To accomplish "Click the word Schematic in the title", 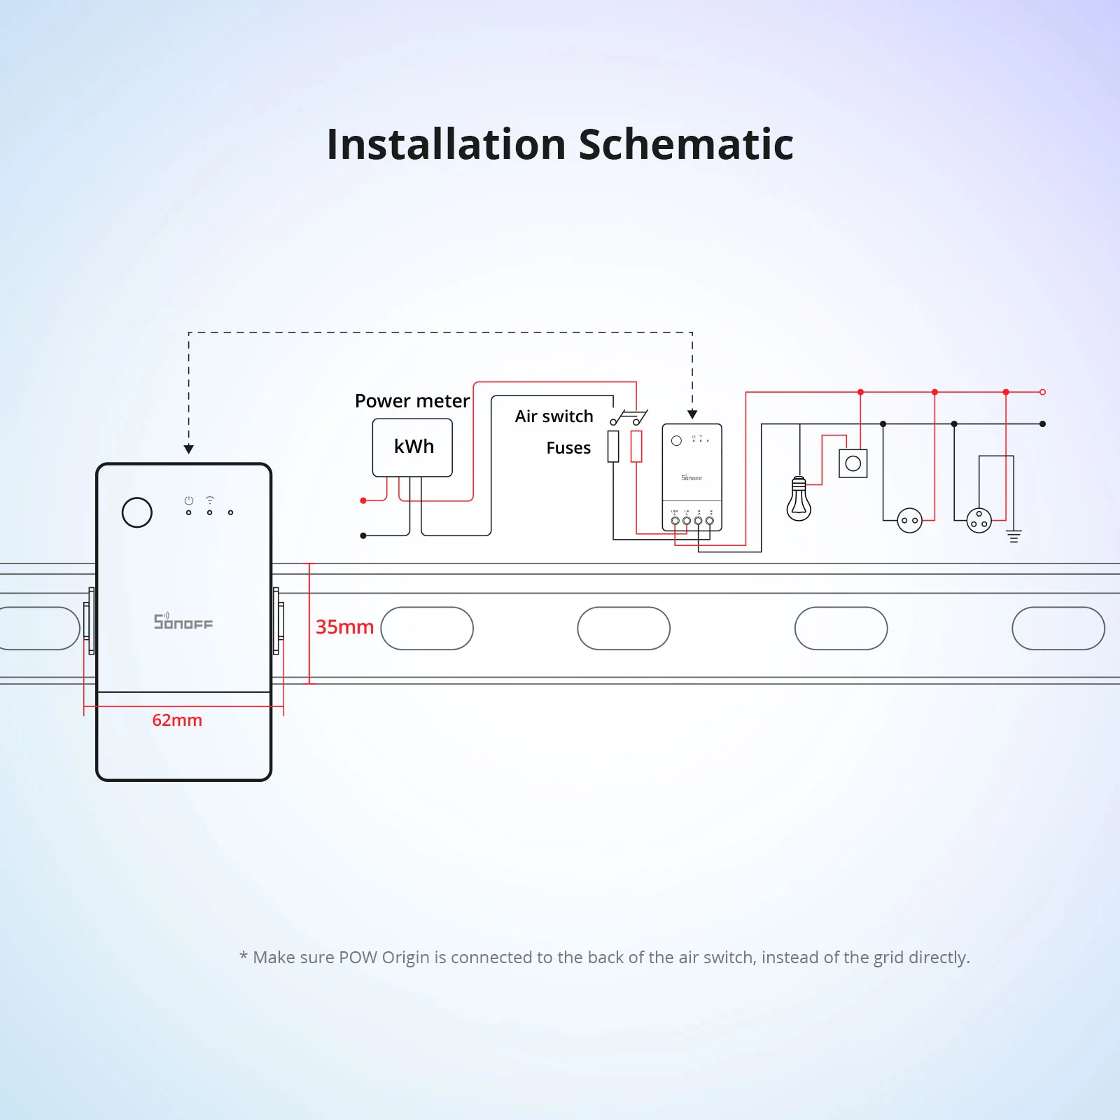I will pyautogui.click(x=686, y=145).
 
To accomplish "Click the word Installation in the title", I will pyautogui.click(x=446, y=145).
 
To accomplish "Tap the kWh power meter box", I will pyautogui.click(x=412, y=447).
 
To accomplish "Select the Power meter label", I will pyautogui.click(x=412, y=401).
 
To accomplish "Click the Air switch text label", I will pyautogui.click(x=554, y=416).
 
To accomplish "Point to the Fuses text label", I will pyautogui.click(x=568, y=448).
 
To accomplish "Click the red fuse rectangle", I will pyautogui.click(x=636, y=447).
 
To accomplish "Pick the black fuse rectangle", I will pyautogui.click(x=613, y=447).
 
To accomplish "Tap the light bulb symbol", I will pyautogui.click(x=799, y=500).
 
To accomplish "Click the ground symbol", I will pyautogui.click(x=1014, y=536).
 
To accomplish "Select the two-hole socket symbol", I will pyautogui.click(x=909, y=520).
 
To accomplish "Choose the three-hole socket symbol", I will pyautogui.click(x=979, y=520).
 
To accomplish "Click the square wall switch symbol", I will pyautogui.click(x=853, y=463).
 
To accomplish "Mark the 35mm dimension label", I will pyautogui.click(x=344, y=627).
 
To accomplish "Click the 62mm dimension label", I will pyautogui.click(x=177, y=720).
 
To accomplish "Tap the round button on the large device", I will pyautogui.click(x=137, y=512).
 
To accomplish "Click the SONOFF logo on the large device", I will pyautogui.click(x=183, y=622).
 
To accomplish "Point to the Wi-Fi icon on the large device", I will pyautogui.click(x=209, y=500).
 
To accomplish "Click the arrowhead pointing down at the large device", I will pyautogui.click(x=189, y=449).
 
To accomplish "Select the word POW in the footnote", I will pyautogui.click(x=358, y=957).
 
